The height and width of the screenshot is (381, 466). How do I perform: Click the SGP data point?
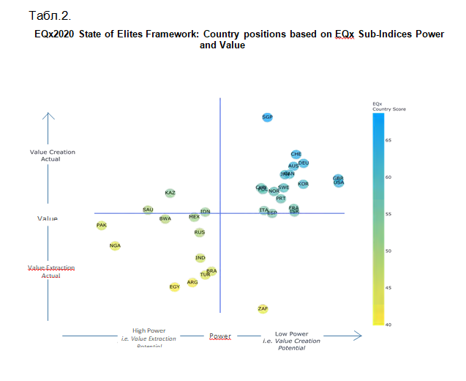[x=267, y=117]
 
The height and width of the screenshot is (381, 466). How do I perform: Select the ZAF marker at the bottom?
[x=263, y=308]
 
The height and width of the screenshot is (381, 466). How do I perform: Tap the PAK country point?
[x=102, y=225]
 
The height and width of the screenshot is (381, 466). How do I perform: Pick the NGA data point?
[x=115, y=245]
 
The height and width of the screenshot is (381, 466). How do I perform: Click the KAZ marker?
[x=170, y=193]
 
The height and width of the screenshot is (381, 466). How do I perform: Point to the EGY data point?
[x=174, y=286]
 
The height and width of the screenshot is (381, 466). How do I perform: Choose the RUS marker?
[x=200, y=232]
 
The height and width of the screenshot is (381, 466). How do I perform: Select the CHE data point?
[x=296, y=154]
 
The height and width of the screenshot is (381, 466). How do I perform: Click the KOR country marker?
[x=303, y=184]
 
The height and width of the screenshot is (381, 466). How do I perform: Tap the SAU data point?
[x=148, y=210]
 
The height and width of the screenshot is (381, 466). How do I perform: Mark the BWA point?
[x=165, y=218]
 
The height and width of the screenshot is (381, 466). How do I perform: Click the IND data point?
[x=200, y=258]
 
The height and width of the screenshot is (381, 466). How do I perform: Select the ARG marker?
[x=192, y=282]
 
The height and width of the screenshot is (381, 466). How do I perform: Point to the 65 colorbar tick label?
[x=388, y=139]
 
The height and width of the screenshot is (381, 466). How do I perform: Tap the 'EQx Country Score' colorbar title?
[x=388, y=106]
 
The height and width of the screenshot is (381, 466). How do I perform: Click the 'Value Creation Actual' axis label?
[x=52, y=155]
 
